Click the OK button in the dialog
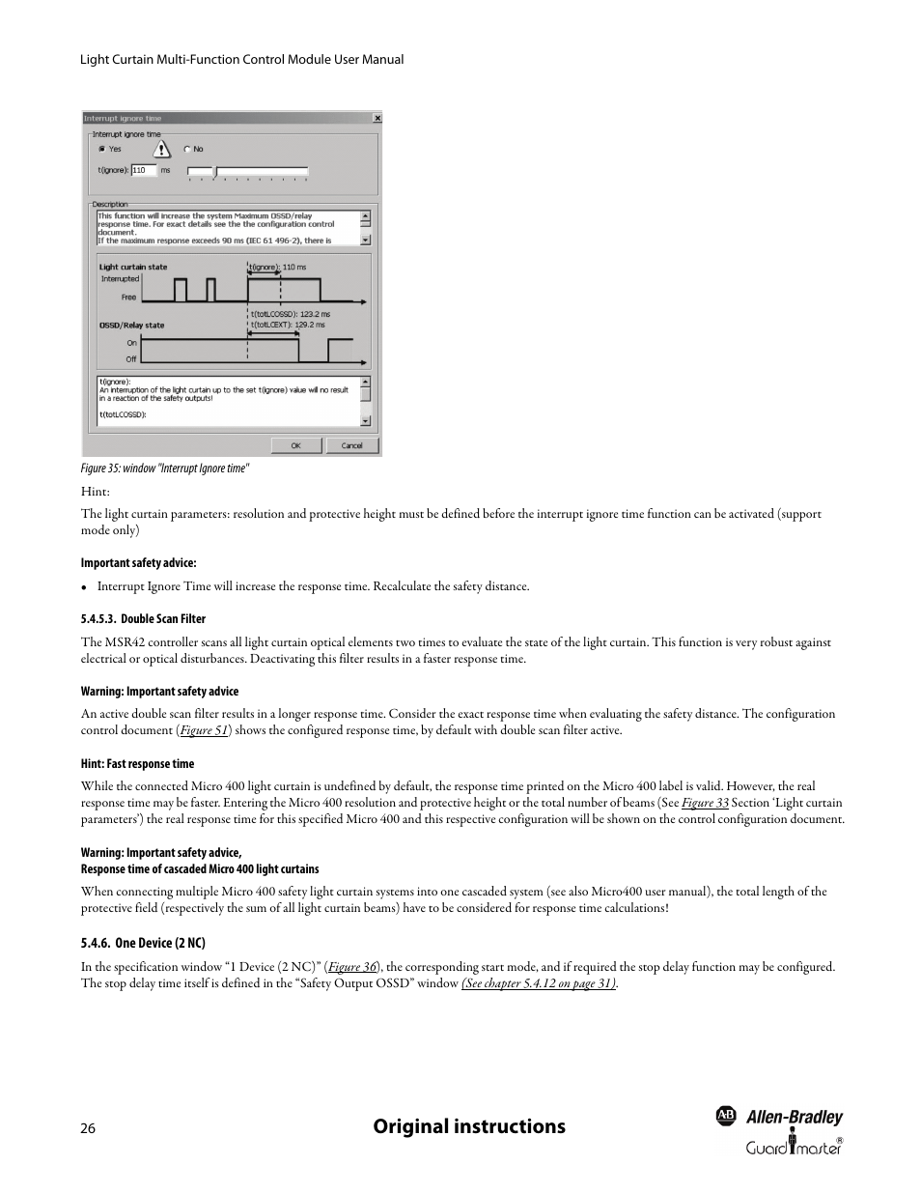pos(295,445)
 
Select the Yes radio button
pos(100,150)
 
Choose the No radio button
pos(186,150)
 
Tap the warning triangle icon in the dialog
pos(161,149)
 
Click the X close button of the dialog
pos(377,118)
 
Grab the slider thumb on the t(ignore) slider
pos(216,172)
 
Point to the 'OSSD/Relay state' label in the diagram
pos(131,326)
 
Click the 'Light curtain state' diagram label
pos(132,268)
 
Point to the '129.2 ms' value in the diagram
pos(310,326)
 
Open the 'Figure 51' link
pos(204,731)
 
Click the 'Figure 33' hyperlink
pos(705,803)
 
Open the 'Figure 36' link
pos(352,967)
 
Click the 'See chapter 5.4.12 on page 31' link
pos(539,983)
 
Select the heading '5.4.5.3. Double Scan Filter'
pos(143,619)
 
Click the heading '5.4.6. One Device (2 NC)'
pos(143,943)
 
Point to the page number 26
pos(88,1129)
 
